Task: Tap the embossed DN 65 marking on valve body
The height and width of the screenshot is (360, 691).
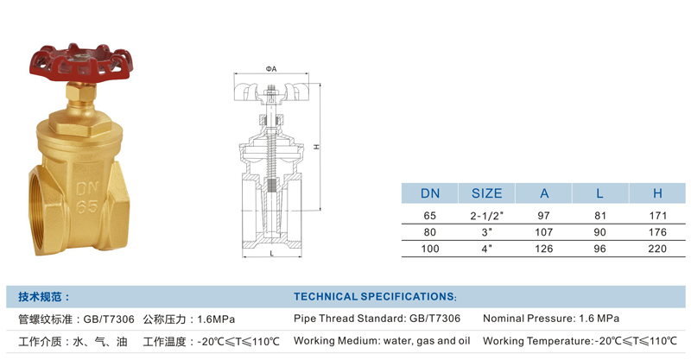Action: tap(87, 198)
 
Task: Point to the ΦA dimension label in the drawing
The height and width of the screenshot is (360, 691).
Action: tap(271, 69)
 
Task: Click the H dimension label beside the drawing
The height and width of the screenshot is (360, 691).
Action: tap(316, 147)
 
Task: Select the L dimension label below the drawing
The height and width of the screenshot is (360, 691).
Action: tap(272, 253)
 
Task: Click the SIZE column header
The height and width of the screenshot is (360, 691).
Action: tap(486, 193)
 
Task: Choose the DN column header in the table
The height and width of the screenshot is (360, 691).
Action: tap(429, 193)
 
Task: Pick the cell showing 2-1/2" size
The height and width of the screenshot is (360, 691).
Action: tap(486, 216)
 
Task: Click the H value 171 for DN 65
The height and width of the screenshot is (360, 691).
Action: tap(657, 216)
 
